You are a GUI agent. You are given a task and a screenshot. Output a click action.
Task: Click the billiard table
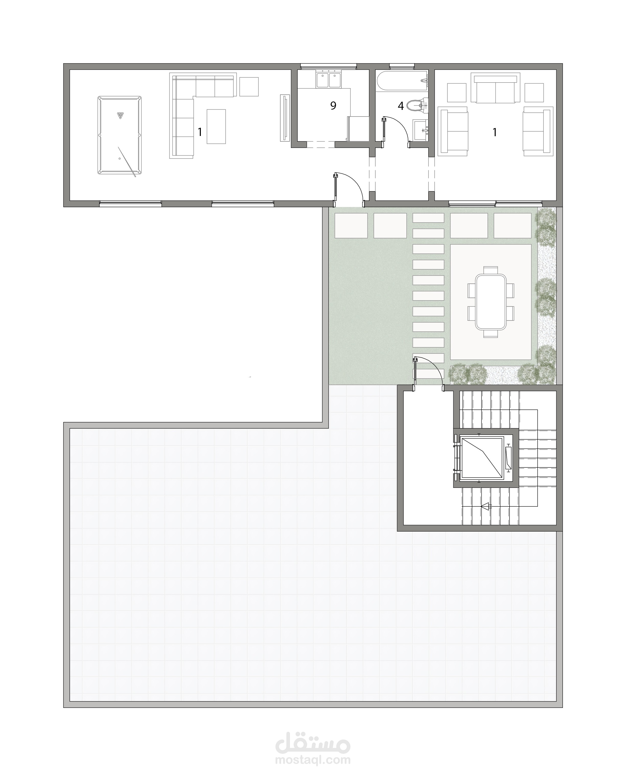pos(119,135)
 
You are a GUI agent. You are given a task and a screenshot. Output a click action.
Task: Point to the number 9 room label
pos(333,106)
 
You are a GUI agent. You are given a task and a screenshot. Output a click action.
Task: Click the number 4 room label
pos(400,106)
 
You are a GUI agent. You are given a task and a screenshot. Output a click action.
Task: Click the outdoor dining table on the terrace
pos(491,301)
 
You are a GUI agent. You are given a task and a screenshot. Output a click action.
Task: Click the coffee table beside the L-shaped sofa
pos(216,126)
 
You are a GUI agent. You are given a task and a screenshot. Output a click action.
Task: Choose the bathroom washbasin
pos(421,130)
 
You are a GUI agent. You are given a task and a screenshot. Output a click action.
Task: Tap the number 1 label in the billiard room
pos(200,132)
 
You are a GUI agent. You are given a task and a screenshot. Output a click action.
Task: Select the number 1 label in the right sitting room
pos(495,132)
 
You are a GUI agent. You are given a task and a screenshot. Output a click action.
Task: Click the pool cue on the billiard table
pos(126,162)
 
